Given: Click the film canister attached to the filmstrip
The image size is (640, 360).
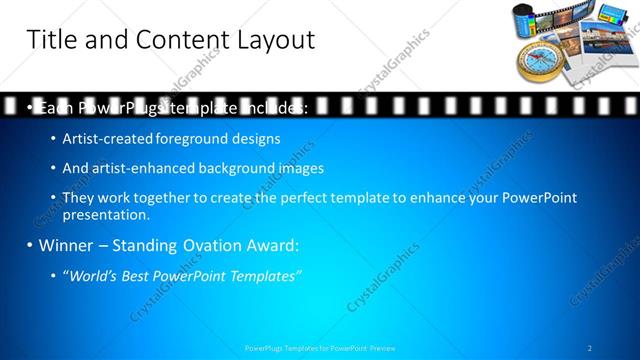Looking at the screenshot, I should tap(528, 18).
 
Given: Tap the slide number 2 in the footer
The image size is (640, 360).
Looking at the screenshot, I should tap(590, 348).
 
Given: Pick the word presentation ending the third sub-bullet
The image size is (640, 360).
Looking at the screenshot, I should tap(105, 214).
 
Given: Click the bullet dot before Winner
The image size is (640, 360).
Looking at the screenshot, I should tap(30, 245).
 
